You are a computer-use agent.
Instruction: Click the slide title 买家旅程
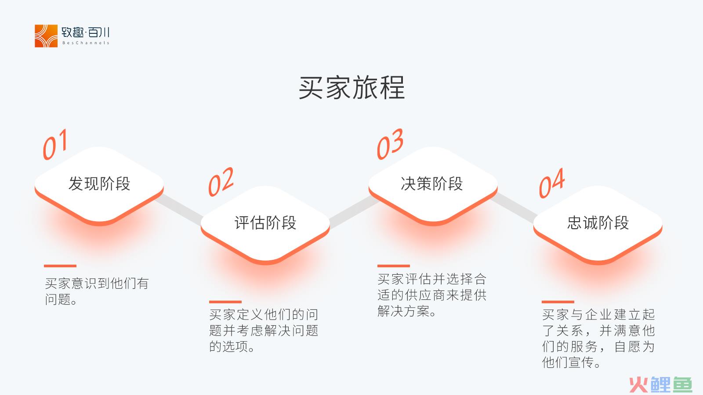tap(351, 88)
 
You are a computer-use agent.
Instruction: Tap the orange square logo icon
tap(46, 36)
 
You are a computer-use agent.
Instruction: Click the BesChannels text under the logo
tap(86, 43)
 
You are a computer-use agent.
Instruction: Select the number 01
tap(55, 144)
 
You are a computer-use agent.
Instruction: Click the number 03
tap(390, 144)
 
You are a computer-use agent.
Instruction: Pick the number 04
tap(552, 183)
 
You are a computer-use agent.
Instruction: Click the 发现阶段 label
tap(99, 183)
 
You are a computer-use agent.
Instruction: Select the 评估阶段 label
tap(265, 223)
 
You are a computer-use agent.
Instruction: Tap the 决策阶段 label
tap(431, 183)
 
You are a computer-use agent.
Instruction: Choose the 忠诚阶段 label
tap(598, 223)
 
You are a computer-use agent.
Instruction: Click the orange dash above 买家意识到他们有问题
tap(60, 266)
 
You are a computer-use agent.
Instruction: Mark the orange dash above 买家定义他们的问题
tap(225, 302)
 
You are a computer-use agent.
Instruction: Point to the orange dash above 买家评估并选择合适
tap(394, 266)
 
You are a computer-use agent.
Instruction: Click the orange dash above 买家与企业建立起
tap(558, 302)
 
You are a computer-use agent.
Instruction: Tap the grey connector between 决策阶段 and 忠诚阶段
tap(514, 207)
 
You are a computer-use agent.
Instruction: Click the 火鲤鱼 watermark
tap(661, 384)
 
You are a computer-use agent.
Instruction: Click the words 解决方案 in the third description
tap(403, 311)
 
